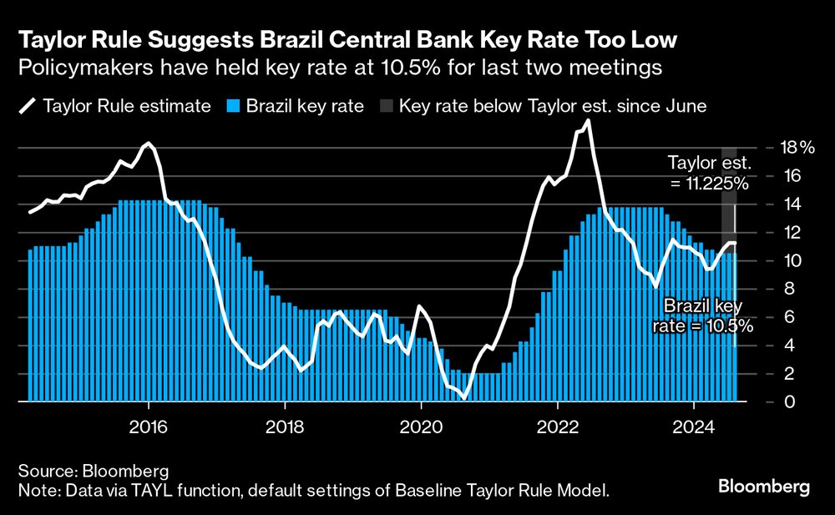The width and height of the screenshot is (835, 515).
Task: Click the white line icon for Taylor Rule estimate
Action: click(x=28, y=107)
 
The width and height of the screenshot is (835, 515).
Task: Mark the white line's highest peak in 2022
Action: click(x=588, y=121)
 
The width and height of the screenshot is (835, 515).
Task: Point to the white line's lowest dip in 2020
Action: click(x=464, y=398)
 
